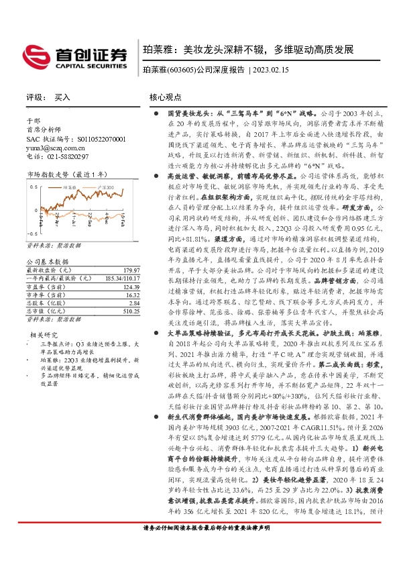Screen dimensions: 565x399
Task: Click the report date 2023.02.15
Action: coord(272,70)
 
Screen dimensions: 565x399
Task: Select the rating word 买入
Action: coord(62,97)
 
